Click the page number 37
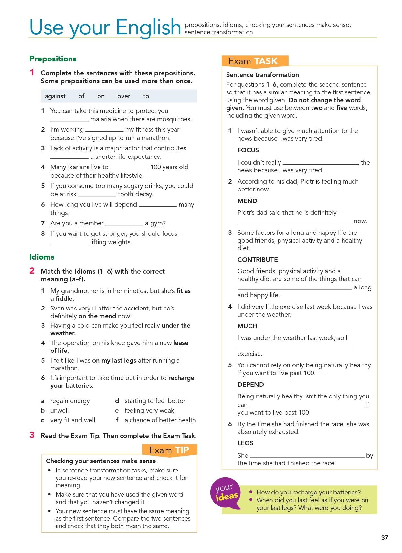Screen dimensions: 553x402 tap(384, 538)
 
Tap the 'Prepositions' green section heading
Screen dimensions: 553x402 tap(53, 59)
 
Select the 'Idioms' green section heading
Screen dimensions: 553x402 tap(42, 257)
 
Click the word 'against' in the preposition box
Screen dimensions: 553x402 tap(55, 96)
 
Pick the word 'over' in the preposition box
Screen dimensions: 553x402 tap(124, 96)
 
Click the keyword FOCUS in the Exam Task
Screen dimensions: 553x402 tap(248, 150)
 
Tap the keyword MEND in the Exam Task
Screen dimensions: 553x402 tap(247, 201)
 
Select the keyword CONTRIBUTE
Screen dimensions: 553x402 tap(258, 260)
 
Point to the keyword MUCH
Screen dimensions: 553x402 tap(247, 326)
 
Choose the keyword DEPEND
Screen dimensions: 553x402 tap(250, 385)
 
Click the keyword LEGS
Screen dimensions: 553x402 tap(245, 443)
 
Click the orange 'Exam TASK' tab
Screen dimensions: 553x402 tap(254, 61)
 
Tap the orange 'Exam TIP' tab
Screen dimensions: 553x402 tap(169, 450)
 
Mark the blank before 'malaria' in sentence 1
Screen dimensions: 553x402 tap(69, 119)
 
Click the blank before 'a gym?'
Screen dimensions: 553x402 tap(124, 223)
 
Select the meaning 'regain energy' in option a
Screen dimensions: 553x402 tap(70, 401)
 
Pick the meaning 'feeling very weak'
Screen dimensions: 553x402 tap(149, 410)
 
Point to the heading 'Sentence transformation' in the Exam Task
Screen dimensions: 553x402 tap(262, 75)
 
